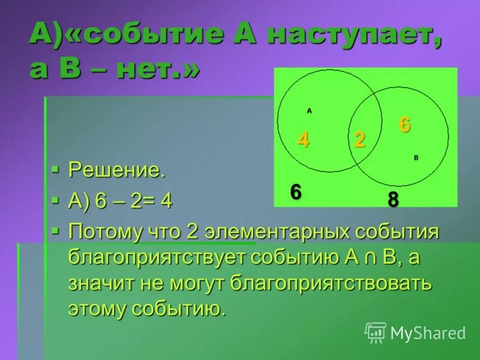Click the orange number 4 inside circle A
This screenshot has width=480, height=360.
(x=304, y=139)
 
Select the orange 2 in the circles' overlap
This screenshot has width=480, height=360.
(x=359, y=139)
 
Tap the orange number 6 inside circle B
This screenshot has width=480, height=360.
(x=405, y=125)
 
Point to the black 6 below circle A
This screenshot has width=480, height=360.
(x=296, y=193)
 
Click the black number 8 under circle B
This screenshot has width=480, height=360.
(x=393, y=200)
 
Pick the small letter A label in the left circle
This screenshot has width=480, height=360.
(x=309, y=110)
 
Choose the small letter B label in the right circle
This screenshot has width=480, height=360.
(x=416, y=157)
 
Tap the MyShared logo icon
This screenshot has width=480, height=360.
(x=376, y=332)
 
